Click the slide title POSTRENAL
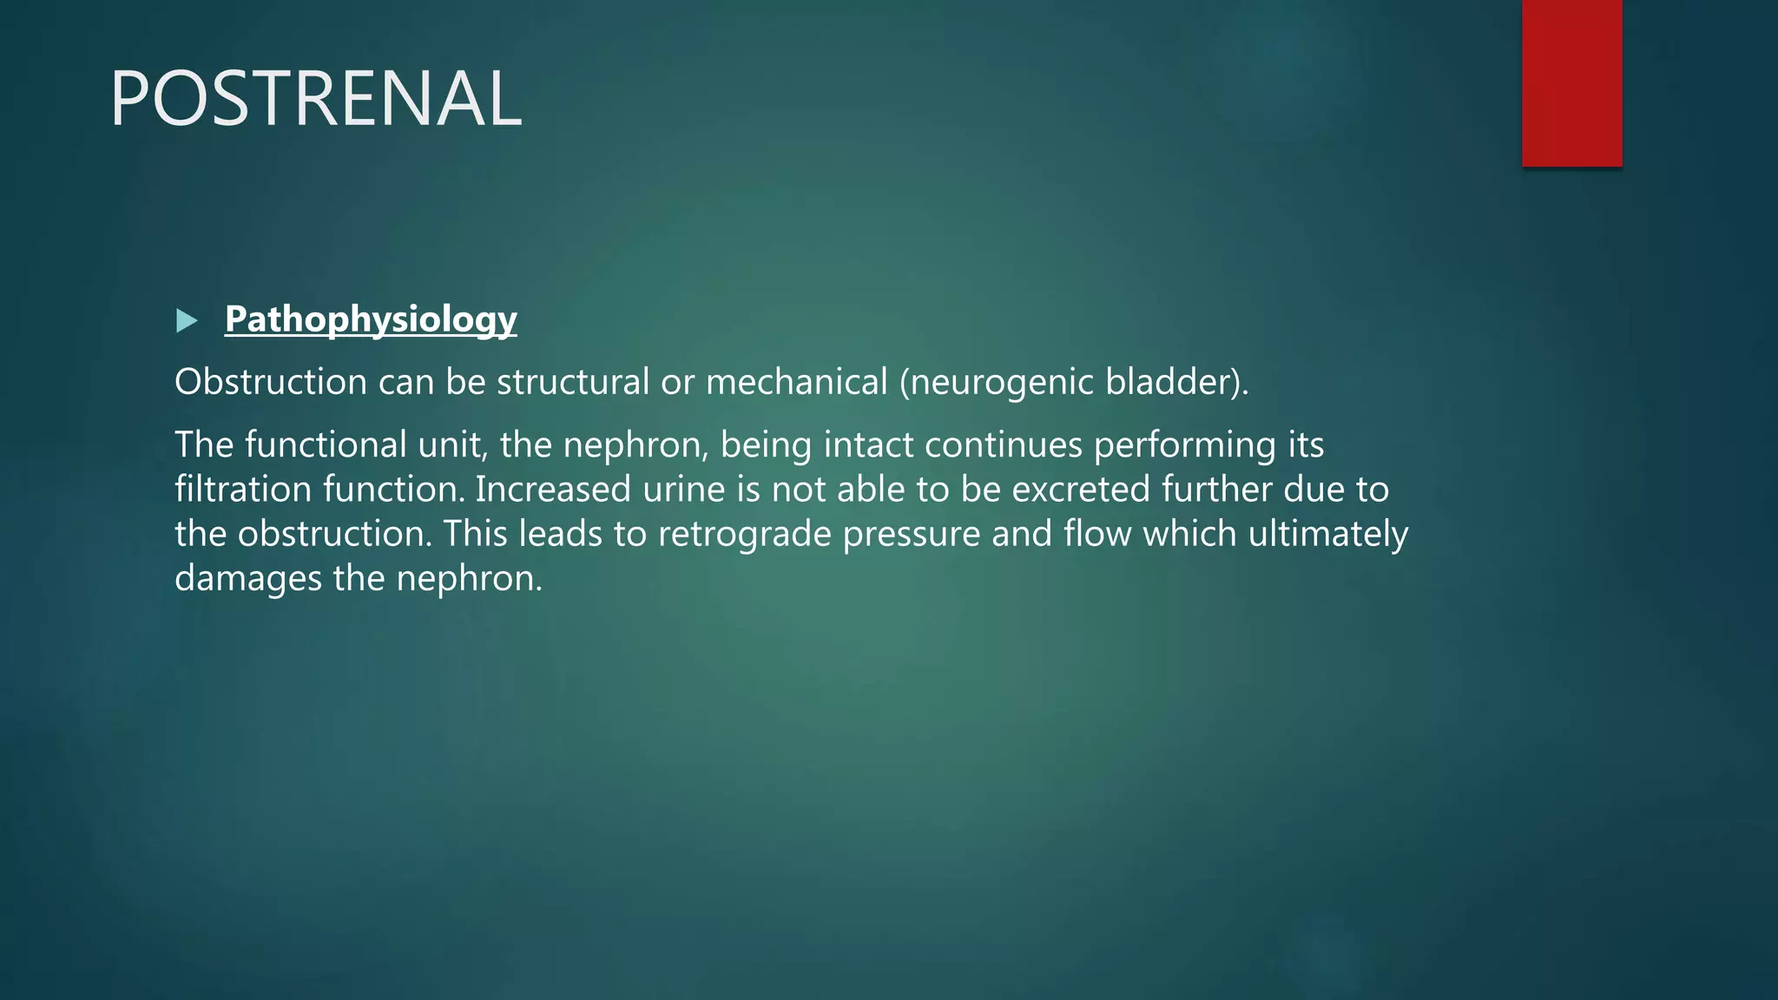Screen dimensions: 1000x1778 [x=316, y=99]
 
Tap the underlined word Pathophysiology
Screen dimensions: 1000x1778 [x=371, y=319]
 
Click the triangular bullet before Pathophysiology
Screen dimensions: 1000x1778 [x=187, y=321]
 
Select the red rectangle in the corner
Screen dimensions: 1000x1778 [x=1571, y=83]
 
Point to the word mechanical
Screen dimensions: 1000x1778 [x=797, y=382]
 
